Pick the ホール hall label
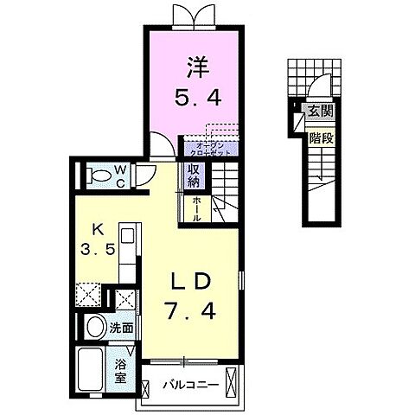(197, 207)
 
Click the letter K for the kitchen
(98, 229)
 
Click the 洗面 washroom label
(121, 328)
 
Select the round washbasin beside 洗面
(94, 328)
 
